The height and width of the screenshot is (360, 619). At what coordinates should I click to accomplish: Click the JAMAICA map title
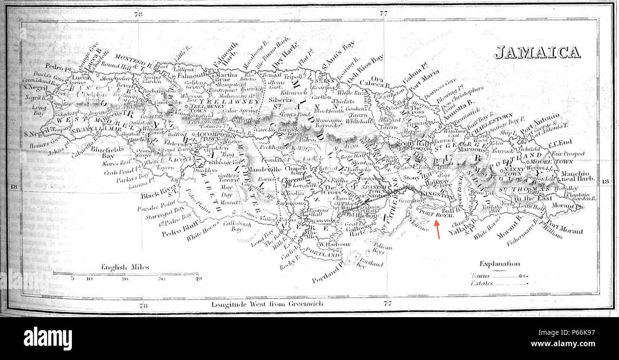tap(537, 52)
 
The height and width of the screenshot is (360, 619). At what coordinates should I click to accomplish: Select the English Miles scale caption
tap(125, 267)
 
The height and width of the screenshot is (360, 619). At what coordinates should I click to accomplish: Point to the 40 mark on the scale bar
tap(199, 279)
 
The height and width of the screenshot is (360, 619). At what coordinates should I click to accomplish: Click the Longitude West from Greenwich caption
tap(268, 303)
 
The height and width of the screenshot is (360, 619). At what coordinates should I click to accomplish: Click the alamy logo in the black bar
tap(48, 339)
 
